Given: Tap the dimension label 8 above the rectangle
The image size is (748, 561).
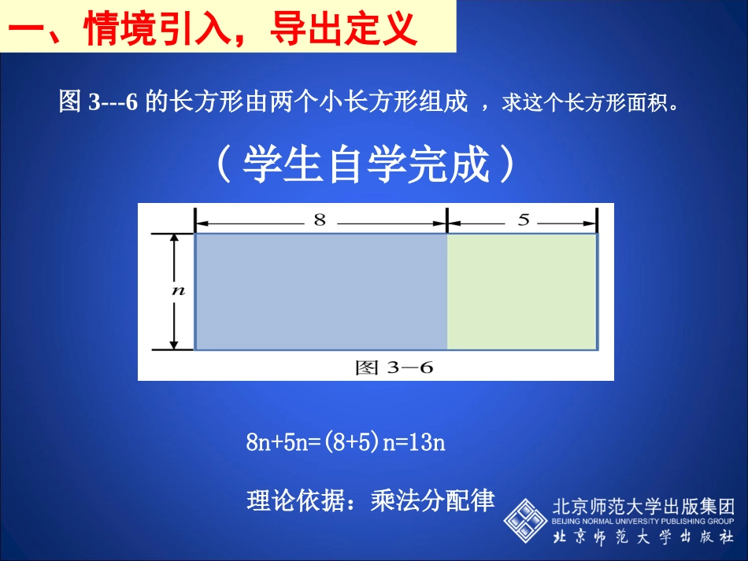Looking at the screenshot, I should (x=320, y=220).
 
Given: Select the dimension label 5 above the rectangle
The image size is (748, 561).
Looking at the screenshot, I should (x=524, y=220).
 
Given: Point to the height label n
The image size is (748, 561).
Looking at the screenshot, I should (x=178, y=290).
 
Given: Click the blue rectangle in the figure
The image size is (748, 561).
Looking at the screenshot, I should (x=321, y=291).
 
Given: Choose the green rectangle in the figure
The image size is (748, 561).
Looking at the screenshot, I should (x=522, y=291).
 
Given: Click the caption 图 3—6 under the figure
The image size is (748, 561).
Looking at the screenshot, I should (x=394, y=367).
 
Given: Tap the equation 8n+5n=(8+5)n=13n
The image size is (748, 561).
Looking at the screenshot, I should (x=346, y=442).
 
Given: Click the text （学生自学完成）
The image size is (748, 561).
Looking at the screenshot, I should (x=365, y=165).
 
